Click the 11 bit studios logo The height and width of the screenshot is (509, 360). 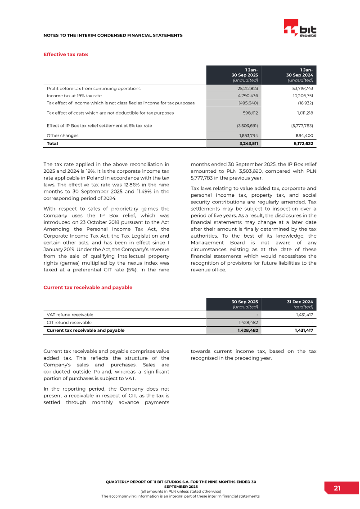pyautogui.click(x=300, y=29)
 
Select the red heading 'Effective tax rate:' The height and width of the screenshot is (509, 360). pyautogui.click(x=65, y=54)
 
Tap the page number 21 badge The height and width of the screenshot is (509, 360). pyautogui.click(x=337, y=488)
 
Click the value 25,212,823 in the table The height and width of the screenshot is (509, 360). pyautogui.click(x=247, y=89)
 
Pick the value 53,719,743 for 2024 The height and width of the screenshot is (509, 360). pyautogui.click(x=302, y=89)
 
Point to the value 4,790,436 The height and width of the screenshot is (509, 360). pyautogui.click(x=247, y=96)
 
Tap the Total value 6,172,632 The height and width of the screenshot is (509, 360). pyautogui.click(x=301, y=144)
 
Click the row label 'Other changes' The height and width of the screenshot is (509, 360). pyautogui.click(x=63, y=135)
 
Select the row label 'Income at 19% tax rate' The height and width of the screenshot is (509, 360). pyautogui.click(x=74, y=96)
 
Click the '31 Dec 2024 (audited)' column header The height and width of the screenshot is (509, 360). pyautogui.click(x=300, y=304)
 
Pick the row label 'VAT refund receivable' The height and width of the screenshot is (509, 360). pyautogui.click(x=70, y=315)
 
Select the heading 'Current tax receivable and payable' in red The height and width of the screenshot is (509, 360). pyautogui.click(x=88, y=287)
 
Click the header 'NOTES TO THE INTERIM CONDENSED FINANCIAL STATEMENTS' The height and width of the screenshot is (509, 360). pyautogui.click(x=112, y=35)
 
